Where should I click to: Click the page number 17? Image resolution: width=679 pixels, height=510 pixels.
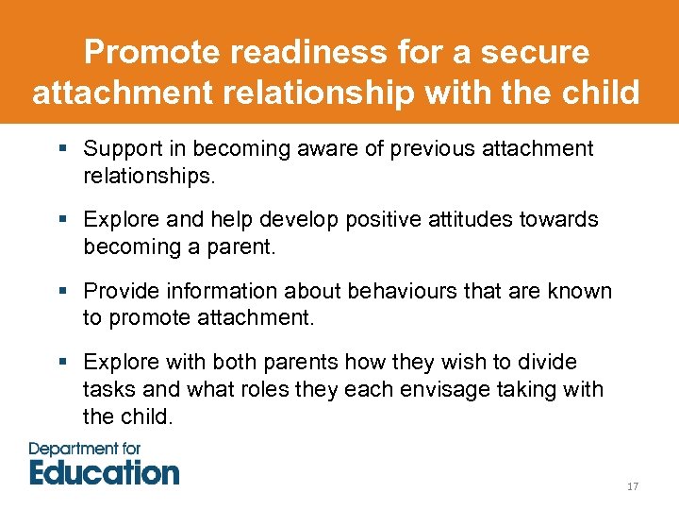[x=633, y=486]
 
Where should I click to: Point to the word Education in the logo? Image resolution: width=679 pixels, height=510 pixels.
[x=104, y=471]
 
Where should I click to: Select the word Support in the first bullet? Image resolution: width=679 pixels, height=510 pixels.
[x=121, y=149]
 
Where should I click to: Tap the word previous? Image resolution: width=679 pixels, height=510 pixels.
[x=436, y=149]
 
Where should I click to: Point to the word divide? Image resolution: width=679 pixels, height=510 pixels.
[x=547, y=363]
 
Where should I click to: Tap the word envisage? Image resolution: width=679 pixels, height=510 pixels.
[x=425, y=390]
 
